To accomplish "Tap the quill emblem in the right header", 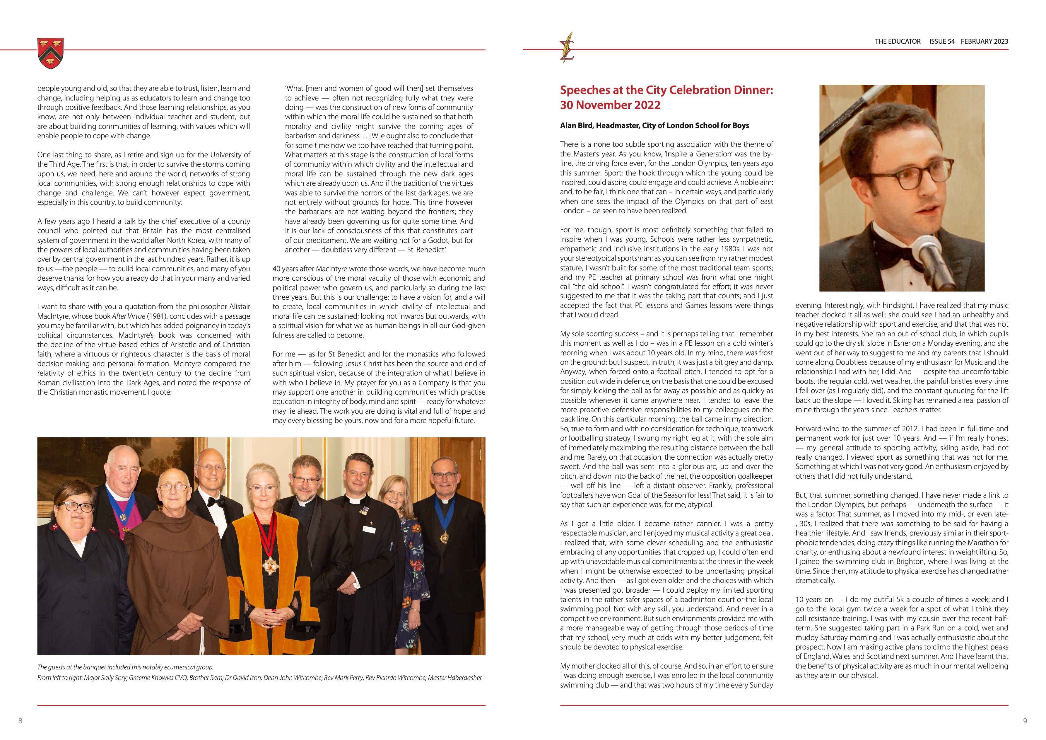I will (x=567, y=47).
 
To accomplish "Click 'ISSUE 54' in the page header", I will (x=942, y=42).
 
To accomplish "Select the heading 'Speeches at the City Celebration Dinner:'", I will (x=666, y=90).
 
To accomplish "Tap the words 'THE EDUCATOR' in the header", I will (x=897, y=42).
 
